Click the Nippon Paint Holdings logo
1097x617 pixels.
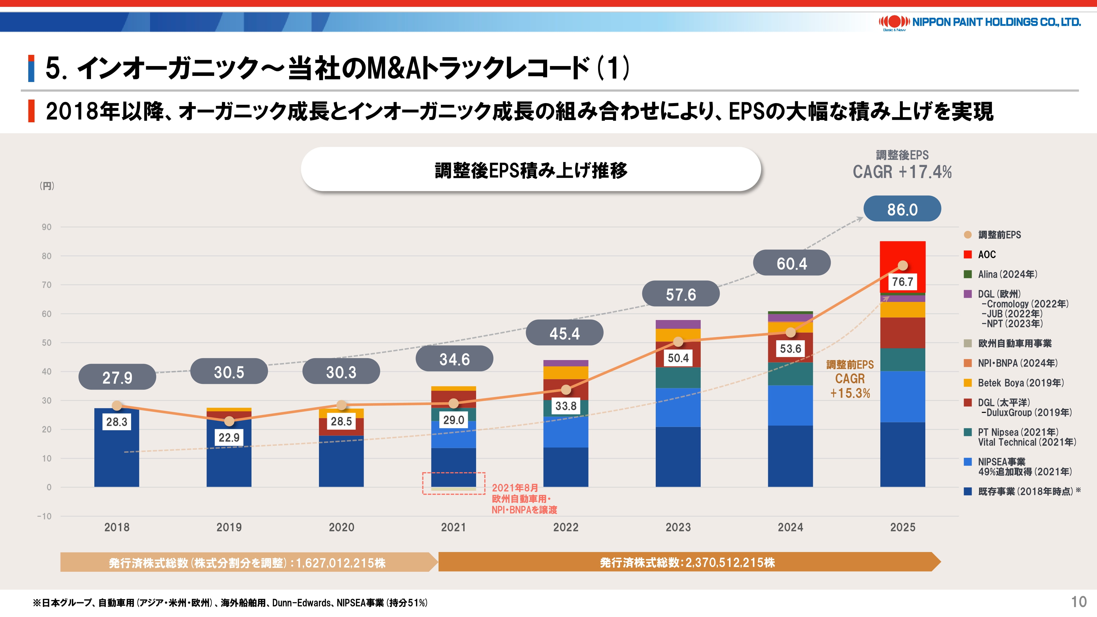(x=979, y=22)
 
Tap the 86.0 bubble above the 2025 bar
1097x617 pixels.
(x=902, y=209)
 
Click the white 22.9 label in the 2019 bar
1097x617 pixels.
(x=229, y=437)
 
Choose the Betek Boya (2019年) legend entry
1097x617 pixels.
(x=1020, y=383)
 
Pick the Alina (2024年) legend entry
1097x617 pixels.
(x=1007, y=274)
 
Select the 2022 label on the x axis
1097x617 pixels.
(x=566, y=527)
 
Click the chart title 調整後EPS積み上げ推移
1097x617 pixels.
(x=531, y=170)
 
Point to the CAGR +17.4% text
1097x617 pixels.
(x=902, y=172)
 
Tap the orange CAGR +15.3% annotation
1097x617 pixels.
(x=850, y=379)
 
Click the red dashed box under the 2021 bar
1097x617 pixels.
(x=454, y=483)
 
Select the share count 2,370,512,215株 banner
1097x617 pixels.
(x=687, y=562)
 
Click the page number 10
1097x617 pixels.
(x=1079, y=602)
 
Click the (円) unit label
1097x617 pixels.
(x=47, y=186)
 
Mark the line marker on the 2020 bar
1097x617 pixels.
(x=341, y=405)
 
